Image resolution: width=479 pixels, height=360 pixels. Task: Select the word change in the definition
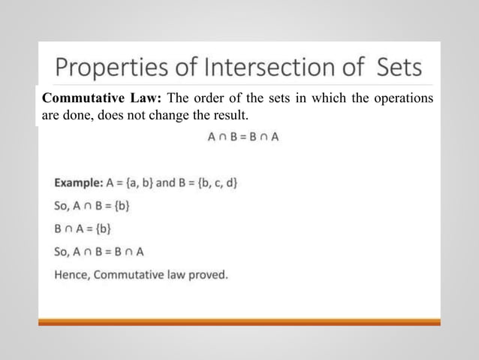(185, 117)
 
